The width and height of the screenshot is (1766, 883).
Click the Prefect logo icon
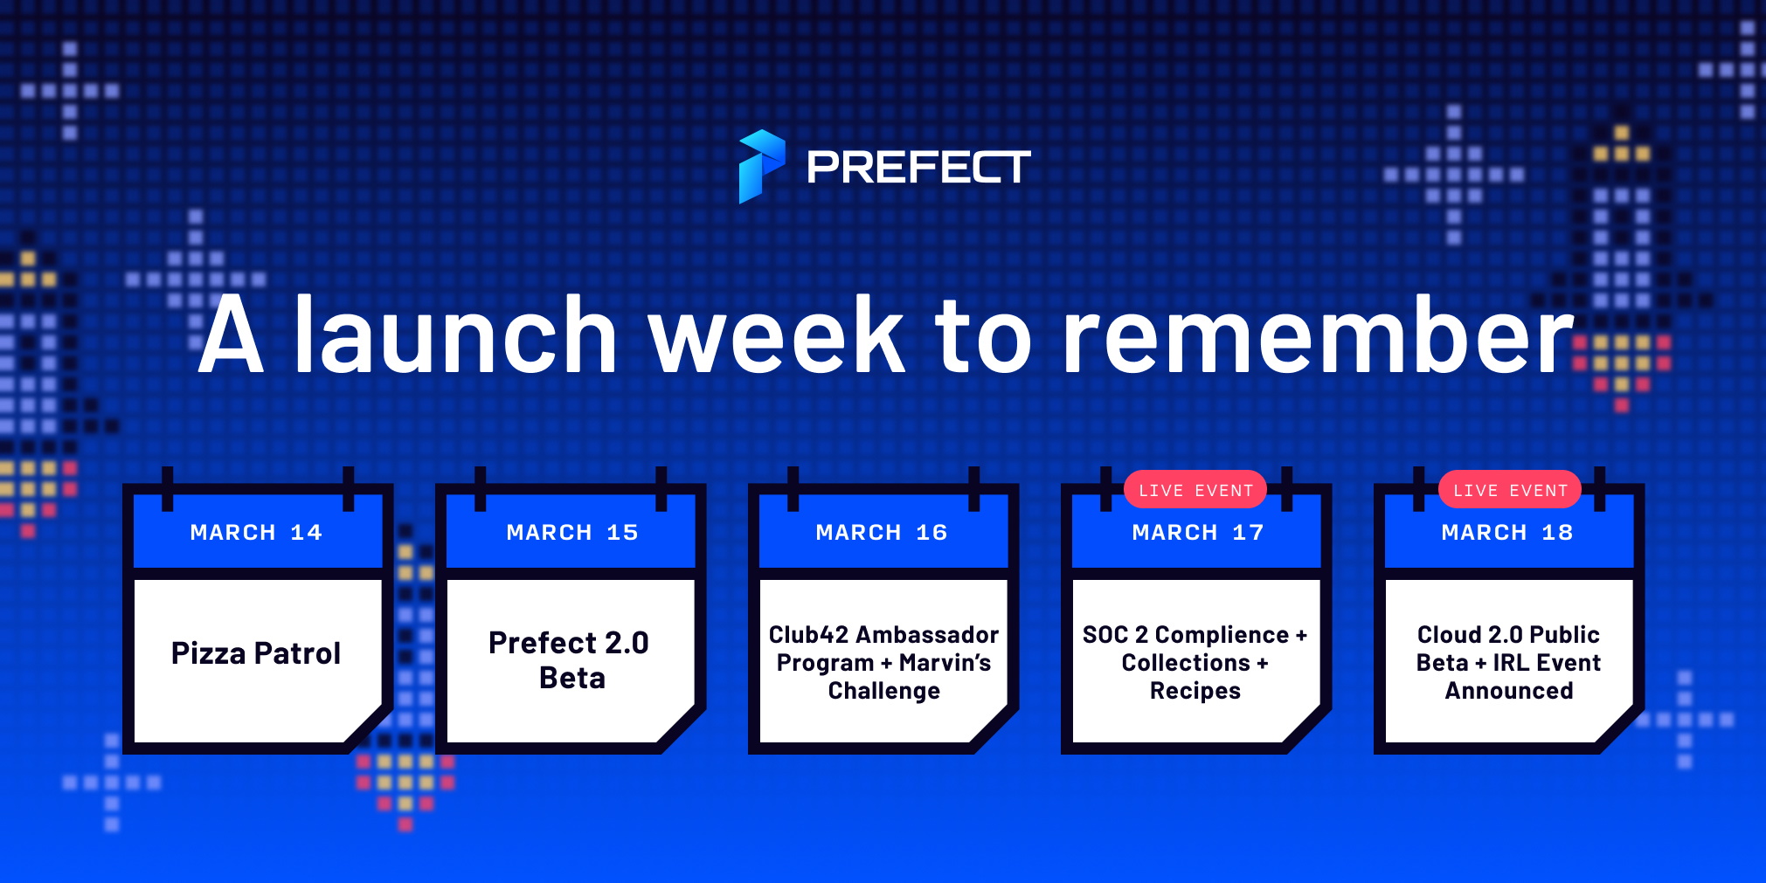pos(761,166)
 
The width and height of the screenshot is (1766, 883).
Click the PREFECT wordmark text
pos(918,167)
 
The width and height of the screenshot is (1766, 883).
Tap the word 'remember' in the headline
pos(1318,335)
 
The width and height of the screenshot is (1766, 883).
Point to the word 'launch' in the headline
pos(456,333)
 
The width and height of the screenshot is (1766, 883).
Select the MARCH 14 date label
pos(256,532)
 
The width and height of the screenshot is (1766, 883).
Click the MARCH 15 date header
pos(572,532)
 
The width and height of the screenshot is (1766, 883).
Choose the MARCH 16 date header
pos(882,532)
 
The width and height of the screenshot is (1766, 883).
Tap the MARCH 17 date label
pos(1198,532)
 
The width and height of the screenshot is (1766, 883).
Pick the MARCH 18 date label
pos(1507,532)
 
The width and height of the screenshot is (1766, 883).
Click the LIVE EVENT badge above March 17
pos(1195,490)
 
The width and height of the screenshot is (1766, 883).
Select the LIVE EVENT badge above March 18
pos(1510,490)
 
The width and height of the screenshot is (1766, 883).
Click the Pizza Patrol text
pos(256,653)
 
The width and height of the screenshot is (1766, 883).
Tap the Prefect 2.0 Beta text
pos(570,660)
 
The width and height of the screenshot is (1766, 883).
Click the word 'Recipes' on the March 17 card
pos(1195,691)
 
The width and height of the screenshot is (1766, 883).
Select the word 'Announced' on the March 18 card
pos(1509,691)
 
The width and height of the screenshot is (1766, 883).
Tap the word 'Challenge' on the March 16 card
pos(883,691)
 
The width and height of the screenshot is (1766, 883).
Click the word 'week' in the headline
pos(777,335)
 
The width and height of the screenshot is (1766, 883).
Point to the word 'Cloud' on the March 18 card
pos(1450,634)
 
